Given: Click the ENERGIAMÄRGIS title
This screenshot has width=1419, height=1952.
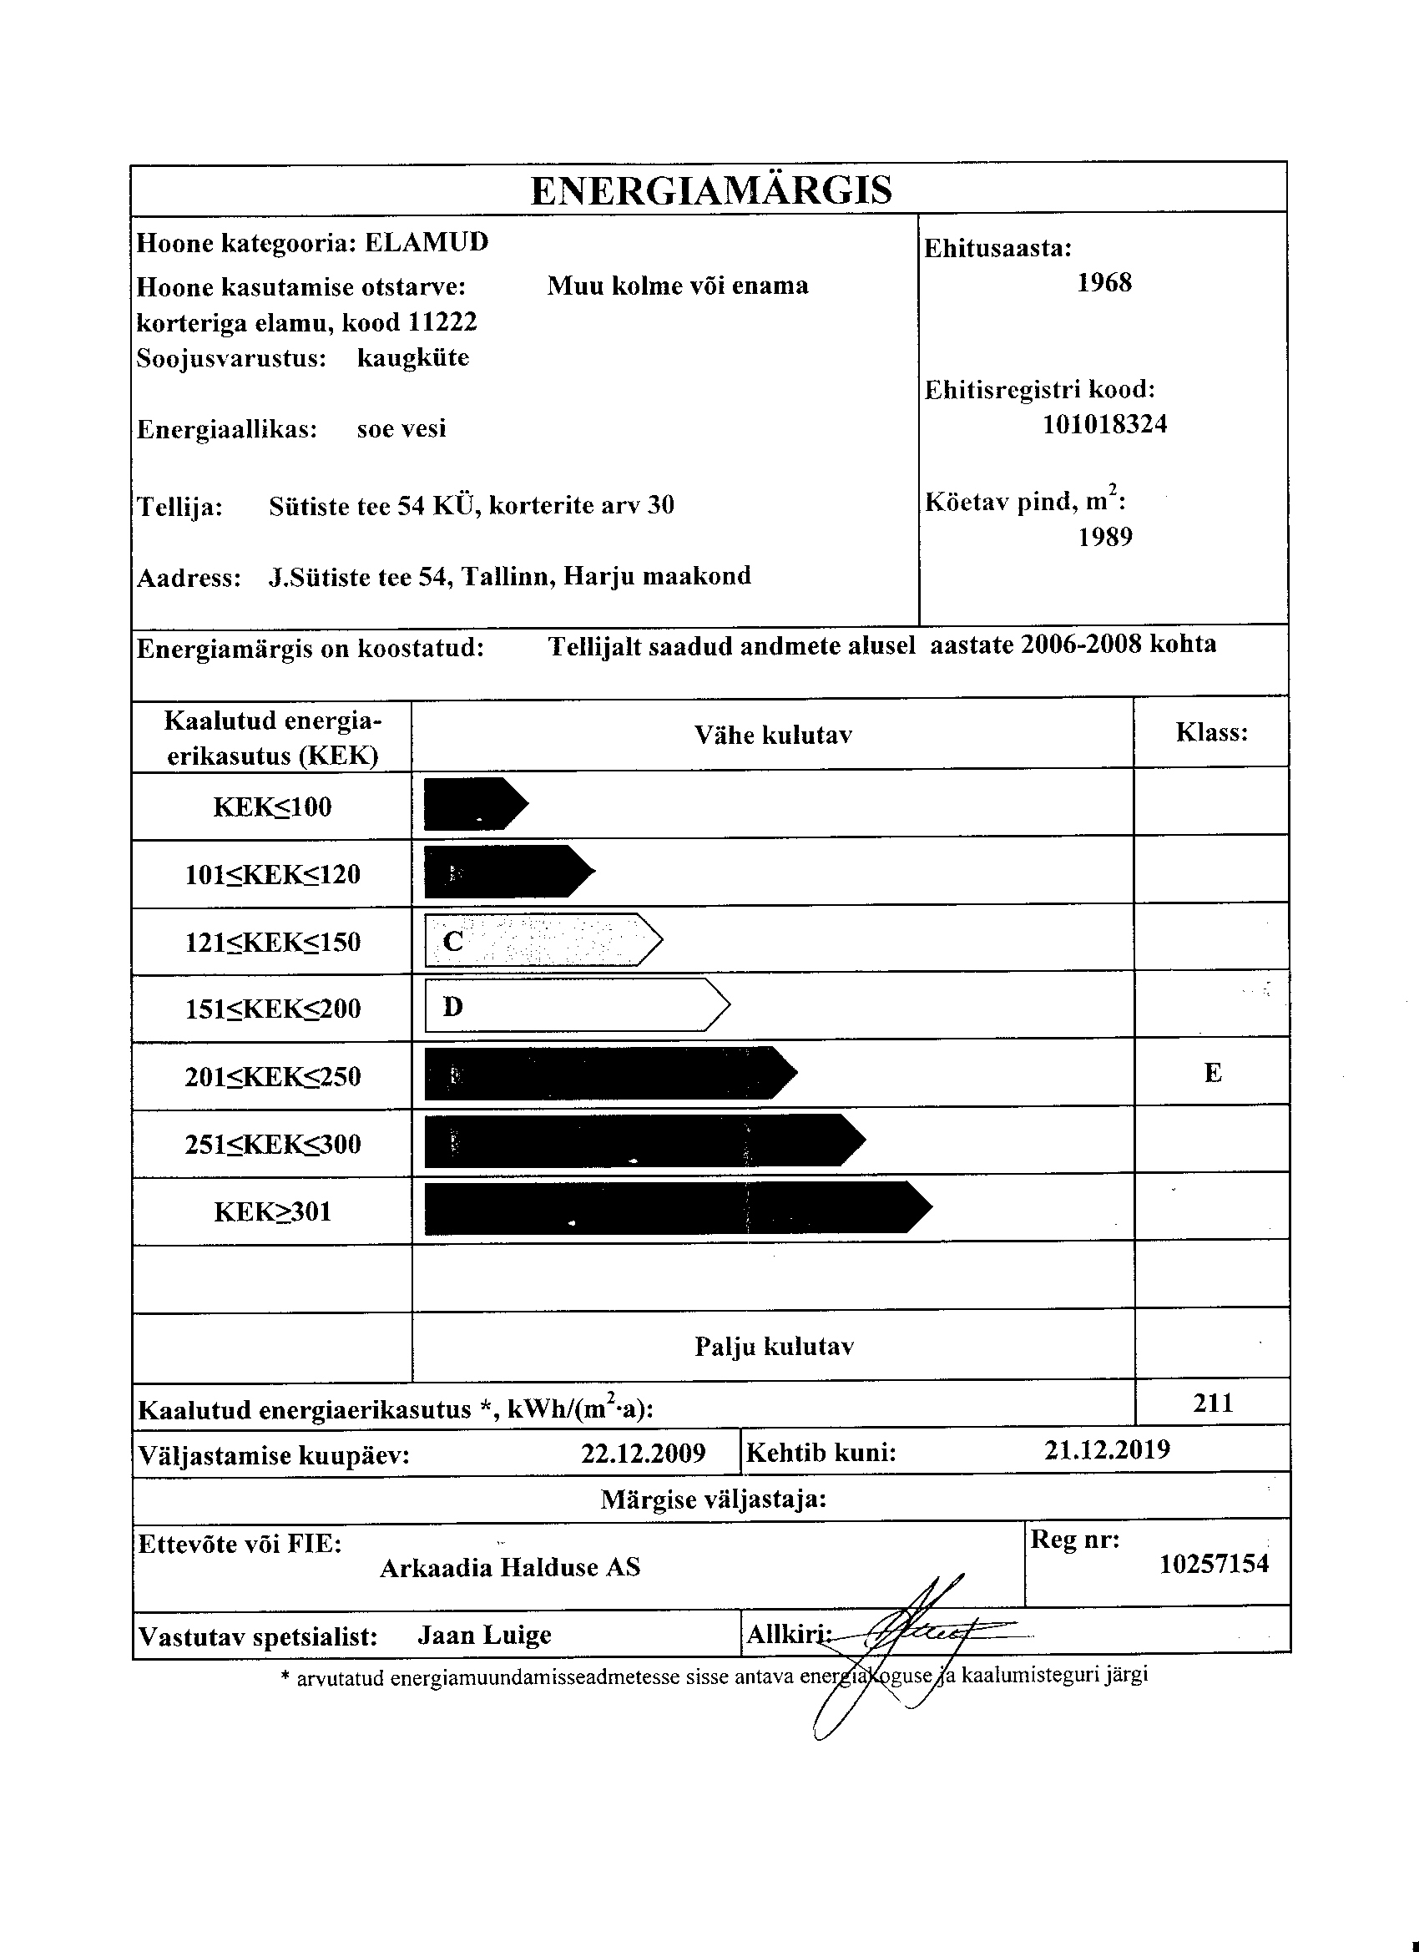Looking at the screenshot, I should point(711,190).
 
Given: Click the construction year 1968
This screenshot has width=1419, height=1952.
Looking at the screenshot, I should point(1104,283).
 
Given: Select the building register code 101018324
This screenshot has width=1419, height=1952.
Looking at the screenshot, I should point(1104,424).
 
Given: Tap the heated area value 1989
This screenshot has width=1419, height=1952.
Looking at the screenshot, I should point(1105,537).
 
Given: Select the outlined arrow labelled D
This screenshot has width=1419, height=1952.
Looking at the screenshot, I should point(577,1005).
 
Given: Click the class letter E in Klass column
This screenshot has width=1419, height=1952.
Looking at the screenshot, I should point(1213,1073).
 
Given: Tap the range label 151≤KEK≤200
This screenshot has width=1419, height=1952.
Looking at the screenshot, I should point(273,1009).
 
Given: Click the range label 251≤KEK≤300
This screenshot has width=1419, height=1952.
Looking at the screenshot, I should point(273,1145).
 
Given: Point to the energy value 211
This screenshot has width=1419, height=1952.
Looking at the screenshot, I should point(1214,1403).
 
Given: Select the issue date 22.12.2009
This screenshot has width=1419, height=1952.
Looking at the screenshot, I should point(643,1454).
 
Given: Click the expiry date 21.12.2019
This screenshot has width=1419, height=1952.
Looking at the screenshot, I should point(1107,1450).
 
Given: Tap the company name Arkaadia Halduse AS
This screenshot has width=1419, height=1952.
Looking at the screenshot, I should point(510,1567).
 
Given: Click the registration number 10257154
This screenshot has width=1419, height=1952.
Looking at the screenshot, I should point(1214,1564).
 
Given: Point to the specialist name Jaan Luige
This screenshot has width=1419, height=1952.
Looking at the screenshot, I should point(484,1636).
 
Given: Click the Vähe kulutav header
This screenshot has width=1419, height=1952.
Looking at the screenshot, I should point(773,735).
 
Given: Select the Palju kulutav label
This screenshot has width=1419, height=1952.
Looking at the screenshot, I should point(774,1347).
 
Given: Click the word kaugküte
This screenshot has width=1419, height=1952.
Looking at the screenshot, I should point(413,358).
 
